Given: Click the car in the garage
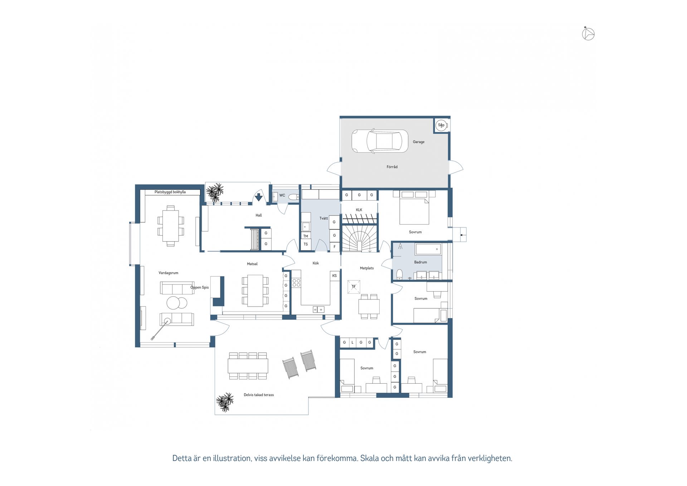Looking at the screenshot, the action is click(x=380, y=141).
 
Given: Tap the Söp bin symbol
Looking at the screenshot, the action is click(x=441, y=125).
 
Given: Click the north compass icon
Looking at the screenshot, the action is click(x=588, y=34).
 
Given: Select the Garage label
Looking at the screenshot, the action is click(x=419, y=142).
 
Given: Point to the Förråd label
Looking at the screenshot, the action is click(x=392, y=167).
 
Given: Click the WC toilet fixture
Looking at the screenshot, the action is click(x=294, y=196).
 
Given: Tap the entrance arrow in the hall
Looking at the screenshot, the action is click(x=259, y=197).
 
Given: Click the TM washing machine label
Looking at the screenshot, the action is click(x=306, y=236).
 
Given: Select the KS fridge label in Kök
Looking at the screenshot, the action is click(x=335, y=276).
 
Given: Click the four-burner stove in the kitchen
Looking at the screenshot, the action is click(x=296, y=283).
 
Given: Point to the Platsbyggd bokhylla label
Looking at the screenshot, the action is click(x=170, y=192).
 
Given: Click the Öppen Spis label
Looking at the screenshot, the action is click(x=199, y=287).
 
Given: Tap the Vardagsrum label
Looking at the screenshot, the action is click(x=168, y=273).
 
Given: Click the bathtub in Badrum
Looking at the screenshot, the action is click(x=428, y=249).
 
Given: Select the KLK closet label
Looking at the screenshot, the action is click(x=359, y=210).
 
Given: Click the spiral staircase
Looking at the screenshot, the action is click(x=359, y=238).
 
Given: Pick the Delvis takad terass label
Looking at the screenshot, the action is click(x=259, y=395).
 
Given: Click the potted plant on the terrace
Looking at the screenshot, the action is click(x=225, y=402).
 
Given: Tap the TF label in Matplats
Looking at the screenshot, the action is click(x=354, y=287).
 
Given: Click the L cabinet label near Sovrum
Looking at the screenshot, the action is click(x=352, y=343).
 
